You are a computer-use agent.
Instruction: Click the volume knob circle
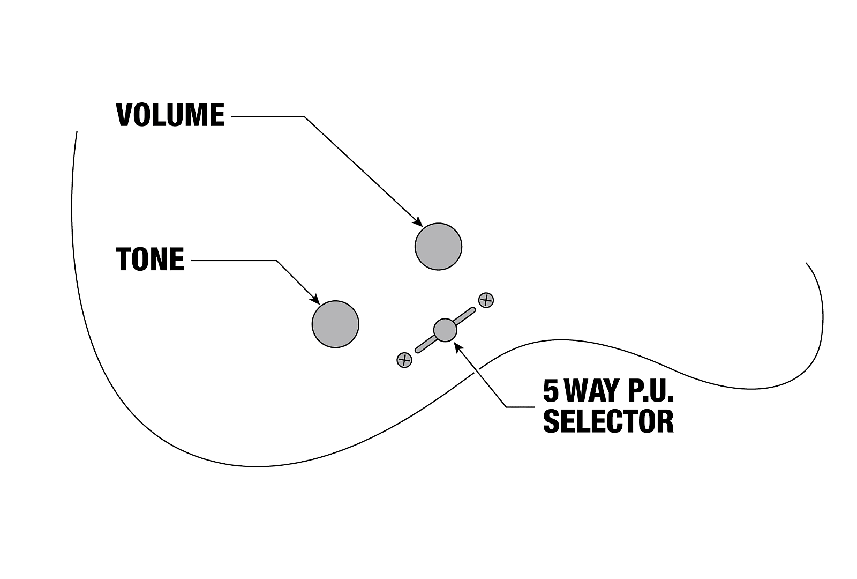click(439, 247)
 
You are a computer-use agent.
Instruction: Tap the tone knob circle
click(335, 324)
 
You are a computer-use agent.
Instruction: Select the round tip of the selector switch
click(445, 330)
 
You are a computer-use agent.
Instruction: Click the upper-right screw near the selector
click(486, 300)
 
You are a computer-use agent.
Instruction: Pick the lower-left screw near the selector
click(404, 360)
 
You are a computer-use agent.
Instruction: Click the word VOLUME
click(170, 115)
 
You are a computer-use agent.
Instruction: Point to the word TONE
click(150, 259)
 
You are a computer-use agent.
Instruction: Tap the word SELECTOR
click(608, 421)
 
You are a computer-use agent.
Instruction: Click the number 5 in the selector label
click(551, 391)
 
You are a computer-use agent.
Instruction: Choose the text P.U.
click(650, 391)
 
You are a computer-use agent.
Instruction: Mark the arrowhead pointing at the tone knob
click(315, 300)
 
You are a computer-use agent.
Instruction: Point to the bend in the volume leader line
click(305, 117)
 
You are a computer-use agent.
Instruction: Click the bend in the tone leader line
click(276, 261)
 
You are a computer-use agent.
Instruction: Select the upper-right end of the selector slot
click(473, 310)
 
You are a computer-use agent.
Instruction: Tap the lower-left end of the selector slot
click(417, 350)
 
